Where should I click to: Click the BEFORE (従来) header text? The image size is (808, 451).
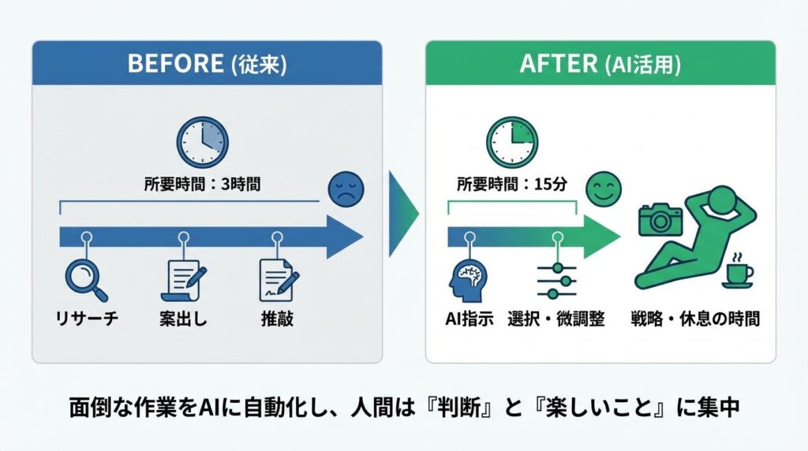207,64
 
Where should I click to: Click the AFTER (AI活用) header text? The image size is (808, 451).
600,64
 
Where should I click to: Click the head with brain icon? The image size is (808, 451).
469,281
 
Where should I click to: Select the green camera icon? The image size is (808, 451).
660,220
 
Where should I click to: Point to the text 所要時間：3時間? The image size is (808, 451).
202,186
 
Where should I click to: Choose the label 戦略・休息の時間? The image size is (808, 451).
695,320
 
